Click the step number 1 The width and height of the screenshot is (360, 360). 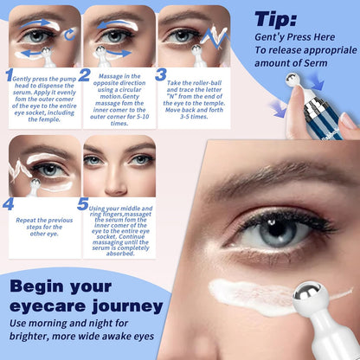[10, 76]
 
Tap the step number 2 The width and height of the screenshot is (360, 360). [85, 75]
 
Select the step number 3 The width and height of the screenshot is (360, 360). [160, 74]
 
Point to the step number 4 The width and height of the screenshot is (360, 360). [9, 204]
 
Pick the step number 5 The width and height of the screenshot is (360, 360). [83, 204]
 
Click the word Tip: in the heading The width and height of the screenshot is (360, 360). [282, 20]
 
